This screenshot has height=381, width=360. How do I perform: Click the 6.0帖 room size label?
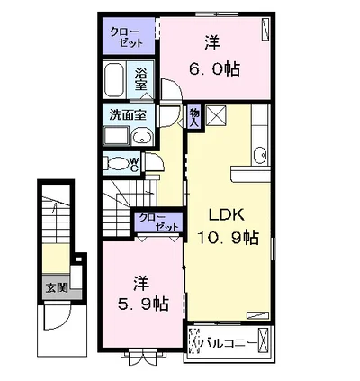pos(214,70)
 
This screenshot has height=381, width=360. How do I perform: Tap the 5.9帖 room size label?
pos(143,304)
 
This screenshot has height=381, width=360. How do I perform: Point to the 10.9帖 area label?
pos(228,239)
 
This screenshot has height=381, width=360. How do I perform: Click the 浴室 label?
pos(140,79)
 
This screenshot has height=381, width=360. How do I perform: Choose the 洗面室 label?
pos(128,114)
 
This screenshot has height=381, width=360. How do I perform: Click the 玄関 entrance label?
pos(56,288)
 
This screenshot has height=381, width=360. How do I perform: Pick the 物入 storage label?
pos(193,117)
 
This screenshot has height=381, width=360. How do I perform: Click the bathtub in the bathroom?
pos(114,80)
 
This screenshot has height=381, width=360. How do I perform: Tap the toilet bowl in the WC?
pos(117,164)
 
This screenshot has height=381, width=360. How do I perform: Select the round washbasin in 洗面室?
pos(142,139)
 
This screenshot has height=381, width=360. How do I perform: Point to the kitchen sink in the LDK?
pos(260,156)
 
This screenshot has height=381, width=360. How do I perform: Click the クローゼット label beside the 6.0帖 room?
pos(126,37)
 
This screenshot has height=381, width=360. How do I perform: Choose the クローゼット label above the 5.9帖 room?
pos(158,222)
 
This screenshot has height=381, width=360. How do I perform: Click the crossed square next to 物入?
pos(216,115)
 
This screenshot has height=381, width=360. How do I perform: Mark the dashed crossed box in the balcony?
pos(195,341)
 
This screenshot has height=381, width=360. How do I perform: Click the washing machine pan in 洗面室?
pos(116,136)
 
